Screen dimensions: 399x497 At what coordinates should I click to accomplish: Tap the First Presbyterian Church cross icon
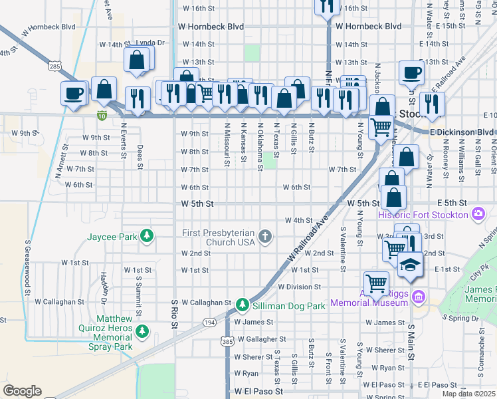coord(265,236)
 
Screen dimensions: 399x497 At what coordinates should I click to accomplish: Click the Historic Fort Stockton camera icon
coord(477,214)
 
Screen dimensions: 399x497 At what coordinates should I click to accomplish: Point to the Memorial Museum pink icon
coord(417,296)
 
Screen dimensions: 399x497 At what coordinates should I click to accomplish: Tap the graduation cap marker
coord(409,264)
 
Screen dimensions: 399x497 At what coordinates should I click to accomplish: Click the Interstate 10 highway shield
coord(102,116)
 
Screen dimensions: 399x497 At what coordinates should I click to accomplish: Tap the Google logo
coord(22,391)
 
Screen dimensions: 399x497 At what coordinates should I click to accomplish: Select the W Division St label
coord(299,287)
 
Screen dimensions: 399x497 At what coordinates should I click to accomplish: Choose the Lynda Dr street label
coord(150,43)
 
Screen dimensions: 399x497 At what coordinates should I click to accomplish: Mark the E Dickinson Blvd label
coord(462,132)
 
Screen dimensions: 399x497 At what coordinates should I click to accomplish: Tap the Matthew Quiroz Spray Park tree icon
coord(142,330)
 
